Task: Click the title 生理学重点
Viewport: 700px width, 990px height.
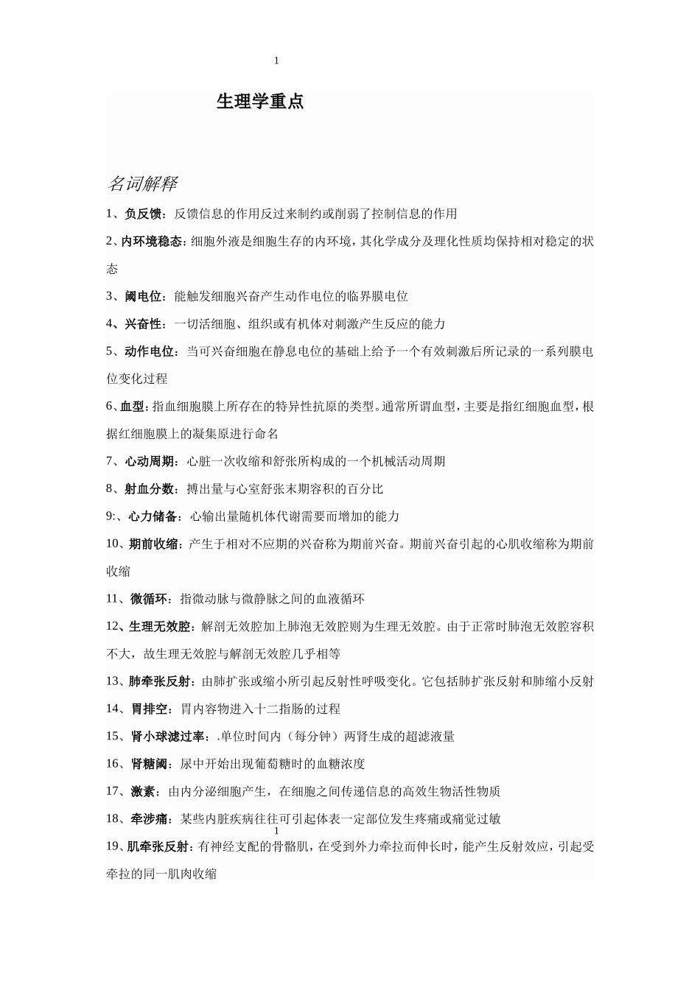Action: click(260, 102)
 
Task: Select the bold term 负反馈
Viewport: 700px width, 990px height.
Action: click(143, 214)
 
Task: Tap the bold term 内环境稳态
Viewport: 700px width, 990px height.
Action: click(153, 242)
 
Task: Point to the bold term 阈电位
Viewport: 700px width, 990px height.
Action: click(143, 297)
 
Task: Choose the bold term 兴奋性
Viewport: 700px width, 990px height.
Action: click(143, 324)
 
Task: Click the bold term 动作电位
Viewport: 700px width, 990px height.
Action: click(149, 351)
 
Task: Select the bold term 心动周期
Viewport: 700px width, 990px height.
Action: click(149, 462)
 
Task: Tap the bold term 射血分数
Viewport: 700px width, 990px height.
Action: click(149, 489)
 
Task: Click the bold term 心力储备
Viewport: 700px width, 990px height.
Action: click(153, 516)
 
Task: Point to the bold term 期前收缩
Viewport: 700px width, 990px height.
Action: click(154, 544)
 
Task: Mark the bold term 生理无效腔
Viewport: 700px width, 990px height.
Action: click(161, 627)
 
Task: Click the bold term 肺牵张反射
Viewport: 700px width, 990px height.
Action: click(161, 681)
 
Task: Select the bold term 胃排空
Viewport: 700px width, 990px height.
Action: click(148, 709)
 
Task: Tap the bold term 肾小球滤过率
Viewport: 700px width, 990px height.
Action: click(167, 737)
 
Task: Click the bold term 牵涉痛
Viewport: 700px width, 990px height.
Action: click(148, 819)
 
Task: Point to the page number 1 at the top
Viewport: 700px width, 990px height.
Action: click(276, 61)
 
